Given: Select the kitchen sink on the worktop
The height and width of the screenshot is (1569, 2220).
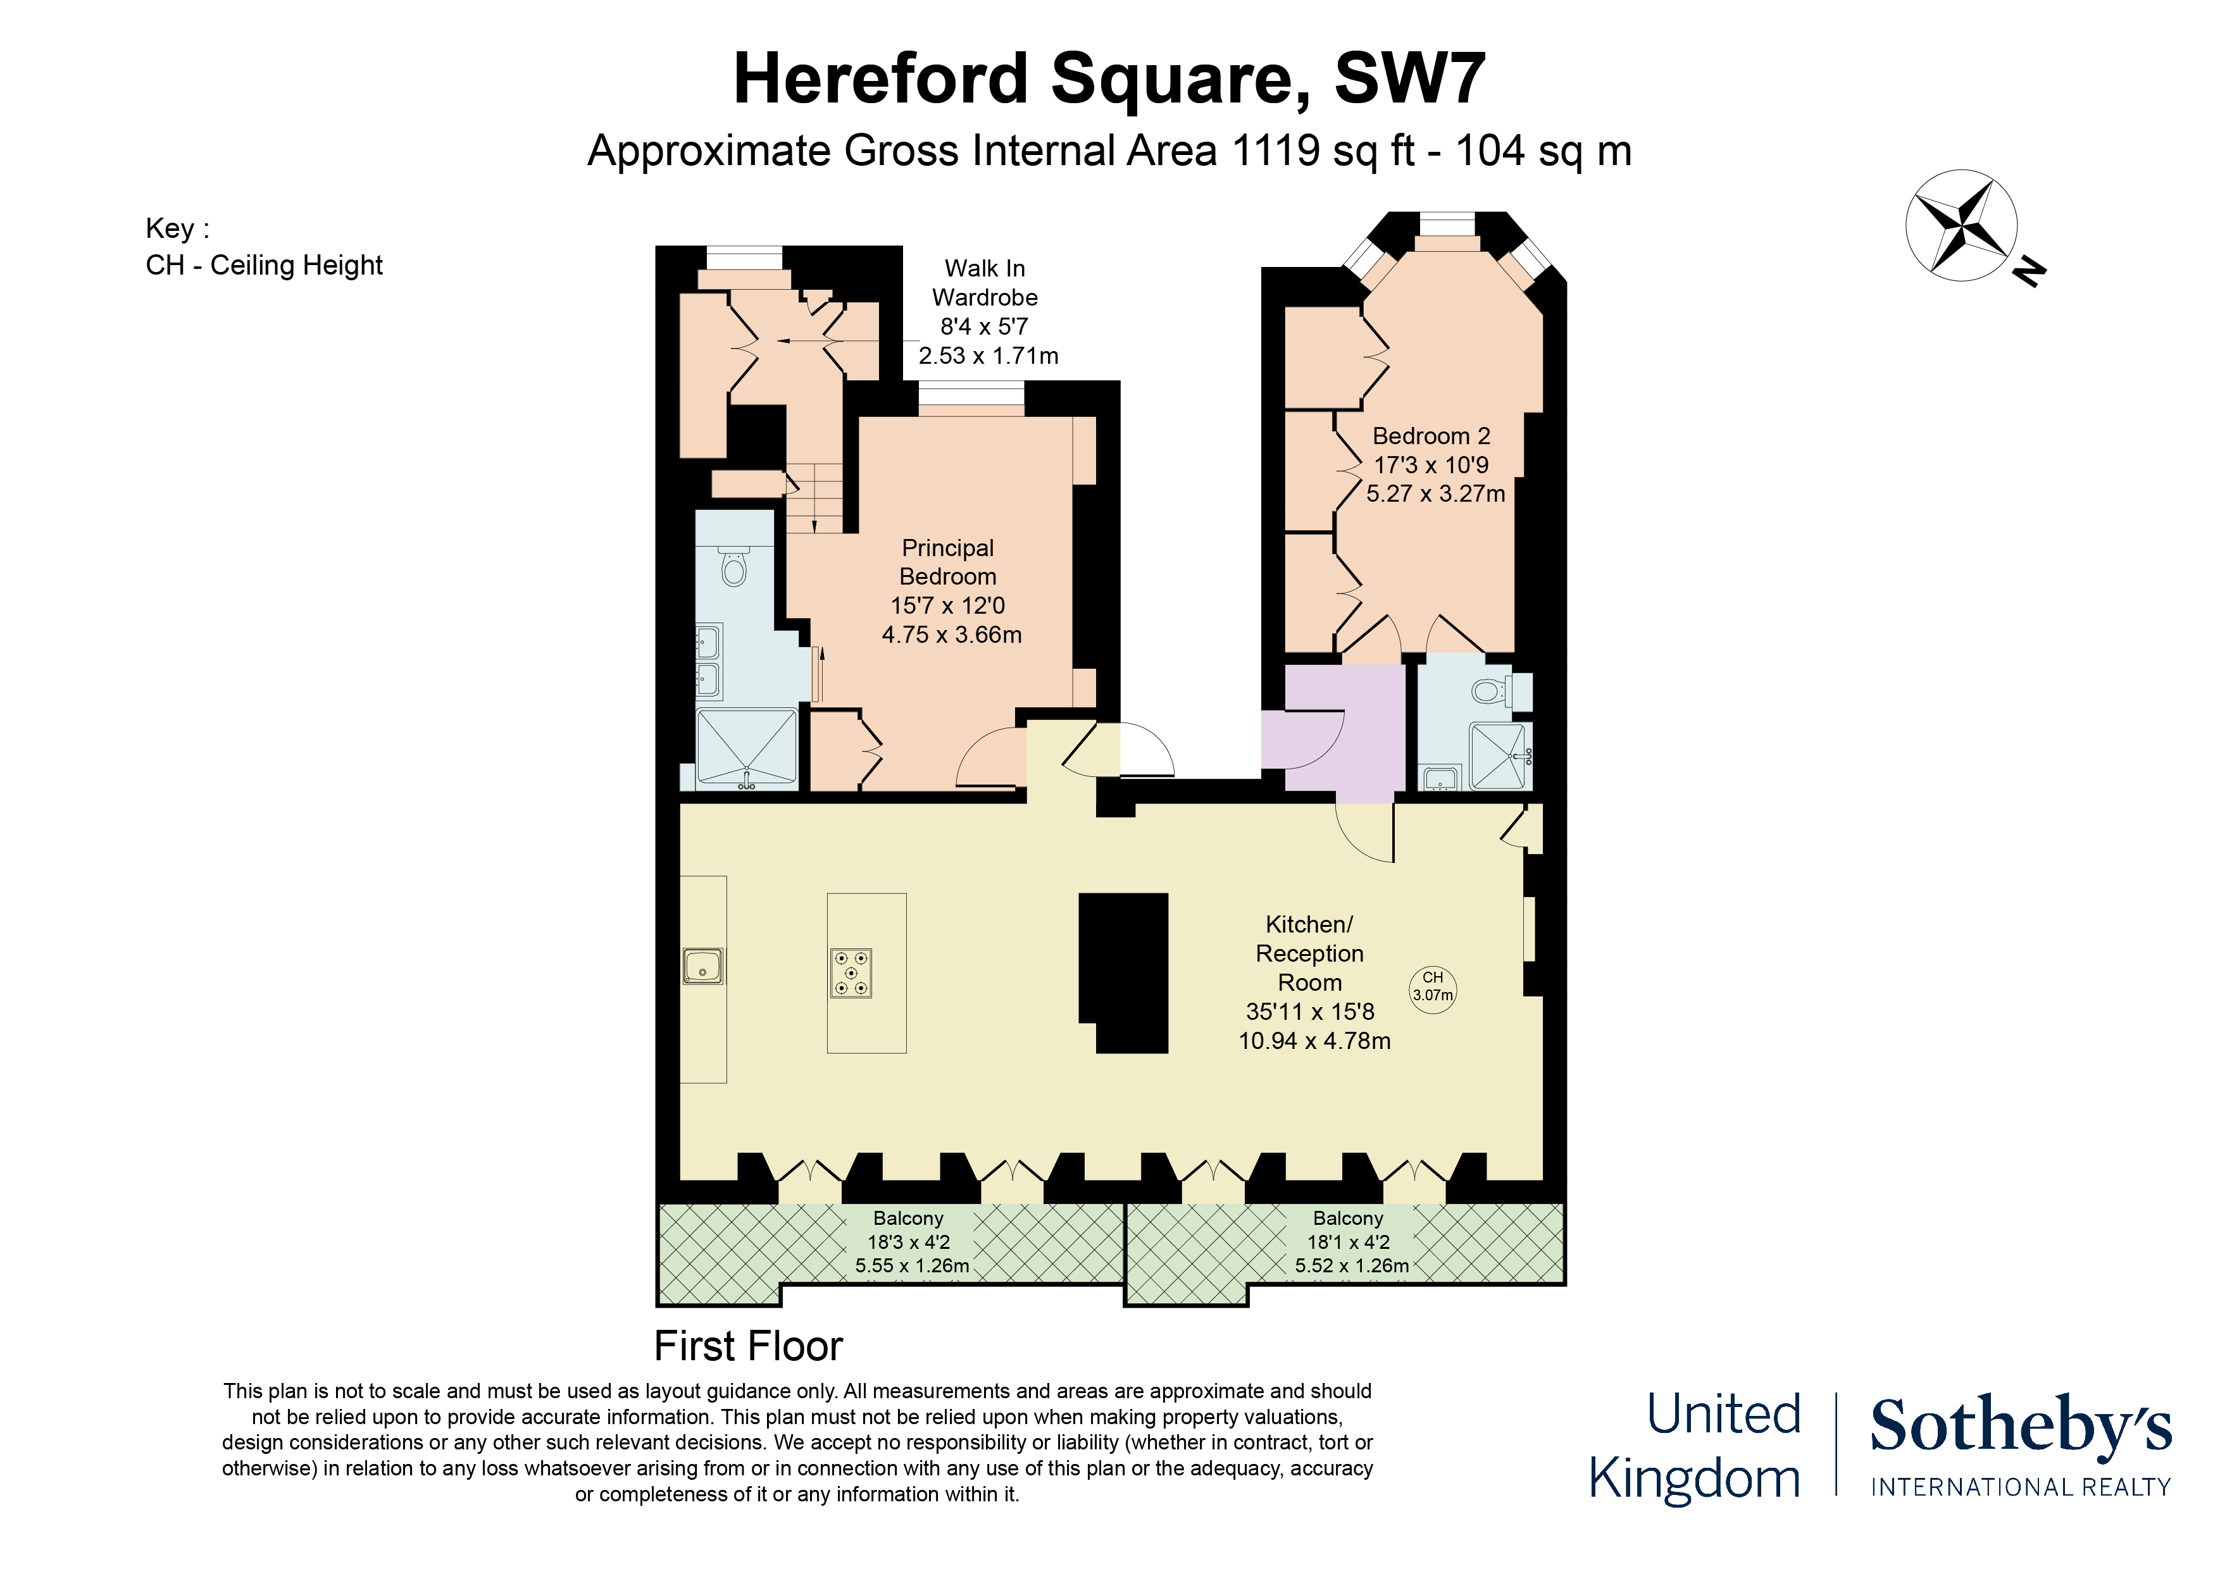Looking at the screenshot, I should click(x=703, y=966).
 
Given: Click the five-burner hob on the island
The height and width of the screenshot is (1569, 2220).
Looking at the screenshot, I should click(x=851, y=972).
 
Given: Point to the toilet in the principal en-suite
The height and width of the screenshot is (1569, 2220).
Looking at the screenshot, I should click(x=734, y=567).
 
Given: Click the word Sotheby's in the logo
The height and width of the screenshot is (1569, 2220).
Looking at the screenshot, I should click(x=2021, y=1426).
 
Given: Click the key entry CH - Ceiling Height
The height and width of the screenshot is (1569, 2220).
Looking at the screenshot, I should click(x=264, y=265).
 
